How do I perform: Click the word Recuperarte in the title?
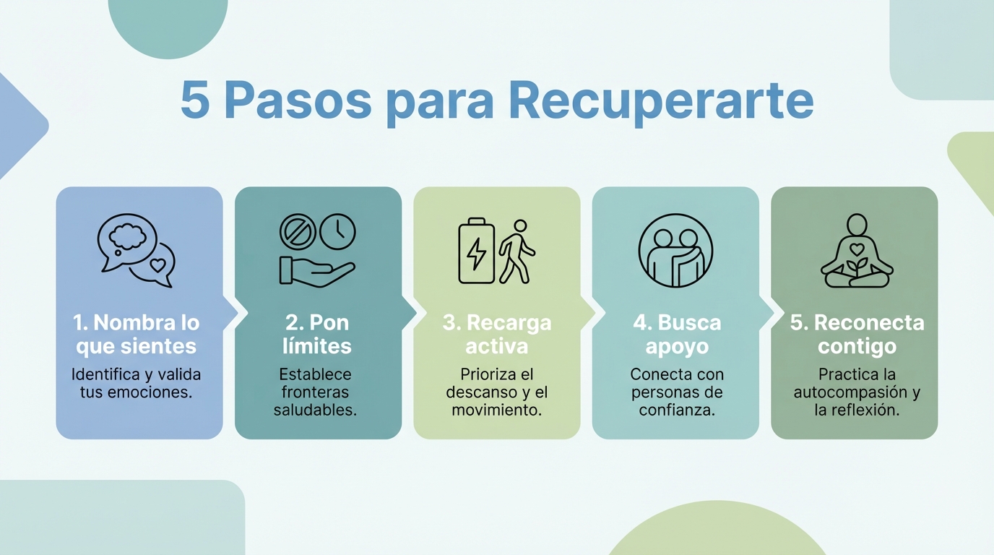tap(661, 102)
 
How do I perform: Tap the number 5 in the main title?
tap(194, 102)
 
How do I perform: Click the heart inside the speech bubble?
tap(157, 264)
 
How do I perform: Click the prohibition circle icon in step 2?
tap(297, 231)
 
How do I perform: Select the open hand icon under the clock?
tap(316, 270)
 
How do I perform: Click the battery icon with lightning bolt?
tap(477, 251)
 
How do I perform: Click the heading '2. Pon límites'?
tap(317, 334)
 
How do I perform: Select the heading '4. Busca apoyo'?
tap(676, 334)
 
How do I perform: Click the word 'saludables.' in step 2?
tap(316, 410)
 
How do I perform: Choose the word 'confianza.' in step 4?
tap(677, 410)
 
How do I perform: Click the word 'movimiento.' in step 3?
tap(497, 410)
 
